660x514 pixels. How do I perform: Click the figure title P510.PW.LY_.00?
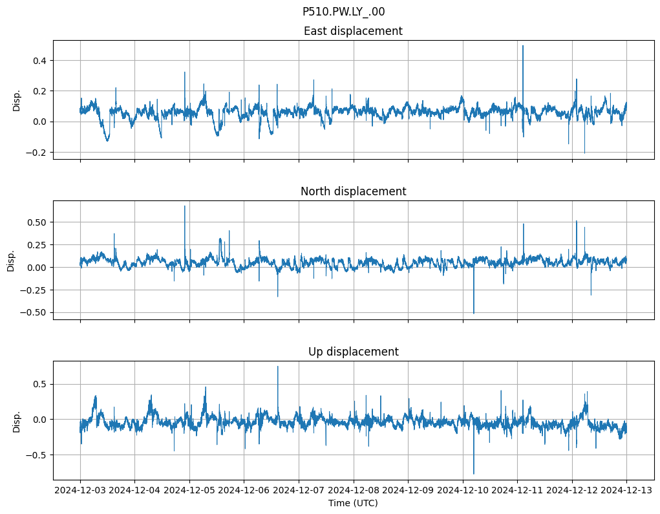(343, 12)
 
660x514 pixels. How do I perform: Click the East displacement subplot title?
(353, 31)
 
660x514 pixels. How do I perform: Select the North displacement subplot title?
(353, 191)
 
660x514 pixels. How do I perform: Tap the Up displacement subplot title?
(353, 352)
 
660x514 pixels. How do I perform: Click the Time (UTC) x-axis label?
(353, 503)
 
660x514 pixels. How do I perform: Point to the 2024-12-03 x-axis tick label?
(80, 491)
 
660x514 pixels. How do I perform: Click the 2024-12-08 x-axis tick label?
(354, 491)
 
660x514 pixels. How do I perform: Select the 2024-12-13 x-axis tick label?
(626, 491)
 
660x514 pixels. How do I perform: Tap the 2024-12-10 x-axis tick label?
(463, 491)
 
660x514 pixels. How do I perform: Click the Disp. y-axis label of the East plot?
(17, 100)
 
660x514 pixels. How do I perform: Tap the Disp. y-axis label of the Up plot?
(17, 421)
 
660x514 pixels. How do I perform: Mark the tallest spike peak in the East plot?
(523, 45)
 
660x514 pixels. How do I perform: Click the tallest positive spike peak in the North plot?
(185, 206)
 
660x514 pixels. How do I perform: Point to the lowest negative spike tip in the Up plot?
(474, 474)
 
